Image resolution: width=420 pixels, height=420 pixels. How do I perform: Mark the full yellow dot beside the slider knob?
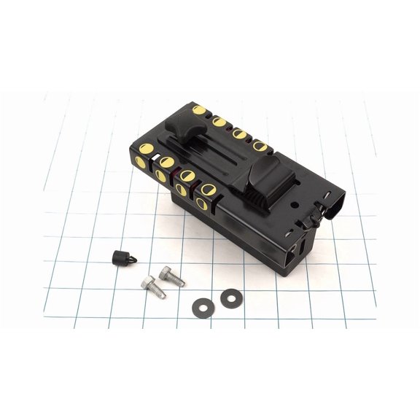click(199, 110)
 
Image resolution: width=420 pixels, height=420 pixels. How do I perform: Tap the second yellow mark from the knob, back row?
click(219, 122)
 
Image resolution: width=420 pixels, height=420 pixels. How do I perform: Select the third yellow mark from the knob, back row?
click(238, 133)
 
